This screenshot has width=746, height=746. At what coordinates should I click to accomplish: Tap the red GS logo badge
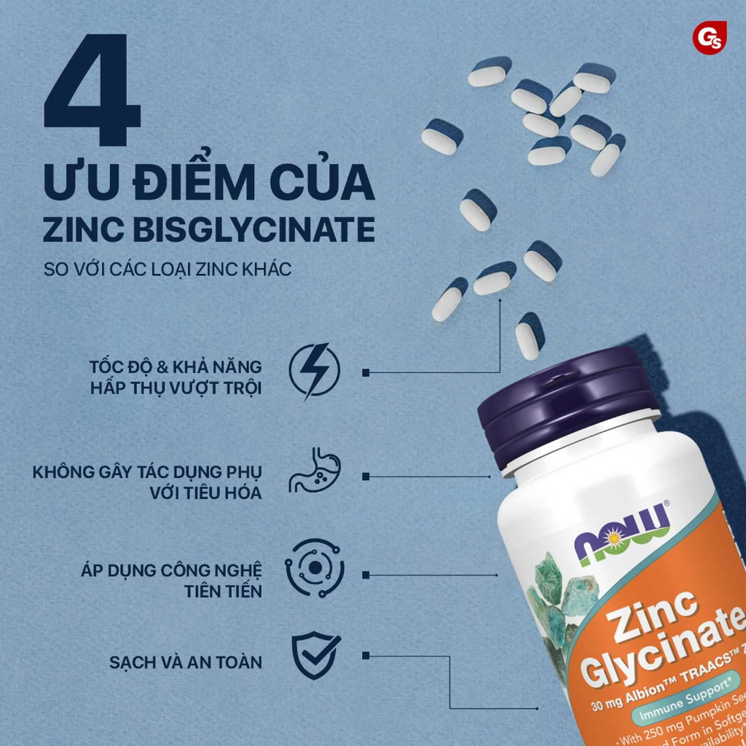[707, 37]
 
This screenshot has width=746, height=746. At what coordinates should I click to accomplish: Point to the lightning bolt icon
[314, 372]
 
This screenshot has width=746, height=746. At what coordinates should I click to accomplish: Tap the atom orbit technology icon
[315, 568]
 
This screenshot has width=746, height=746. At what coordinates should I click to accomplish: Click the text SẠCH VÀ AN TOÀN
[186, 663]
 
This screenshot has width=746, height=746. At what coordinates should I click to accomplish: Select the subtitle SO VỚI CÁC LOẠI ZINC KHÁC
[168, 269]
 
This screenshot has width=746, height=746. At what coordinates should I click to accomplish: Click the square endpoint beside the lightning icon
[365, 372]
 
